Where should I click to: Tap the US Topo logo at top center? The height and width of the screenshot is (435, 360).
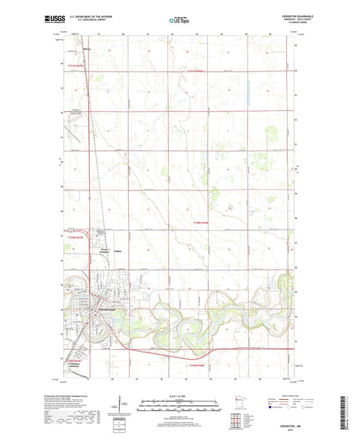(176, 21)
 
